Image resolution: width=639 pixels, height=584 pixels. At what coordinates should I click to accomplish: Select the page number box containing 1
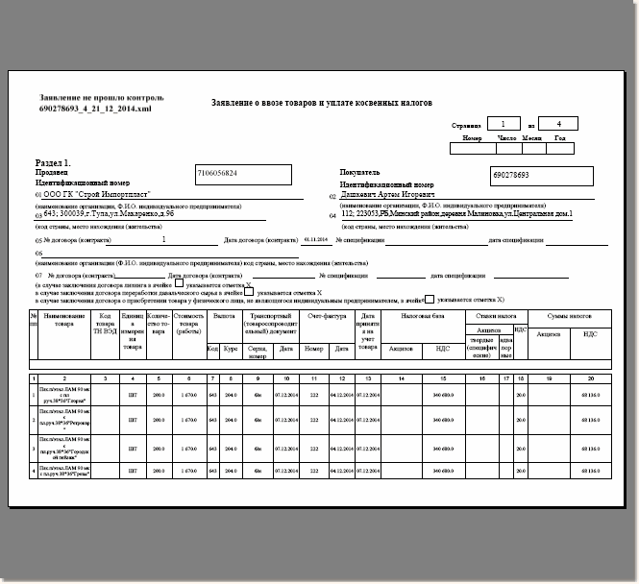[503, 124]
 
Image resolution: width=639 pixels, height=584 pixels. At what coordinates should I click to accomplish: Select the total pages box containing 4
[559, 124]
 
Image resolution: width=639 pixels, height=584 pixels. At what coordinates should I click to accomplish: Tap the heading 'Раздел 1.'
[55, 163]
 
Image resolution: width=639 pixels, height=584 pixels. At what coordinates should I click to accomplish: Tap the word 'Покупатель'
[360, 172]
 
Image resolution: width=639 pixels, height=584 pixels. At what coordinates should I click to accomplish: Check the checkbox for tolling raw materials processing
[249, 292]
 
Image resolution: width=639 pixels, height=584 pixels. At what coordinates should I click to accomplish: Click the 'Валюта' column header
[224, 316]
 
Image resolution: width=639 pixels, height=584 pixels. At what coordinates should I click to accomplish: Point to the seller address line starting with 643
[106, 215]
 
